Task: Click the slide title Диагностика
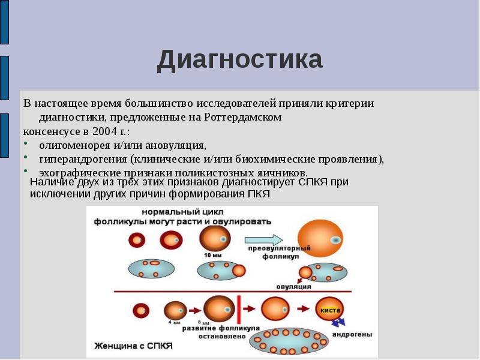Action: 239,60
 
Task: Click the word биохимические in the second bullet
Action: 290,159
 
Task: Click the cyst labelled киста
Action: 329,310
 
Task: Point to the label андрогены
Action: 352,334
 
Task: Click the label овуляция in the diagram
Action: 293,287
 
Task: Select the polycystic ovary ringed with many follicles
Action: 290,341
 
